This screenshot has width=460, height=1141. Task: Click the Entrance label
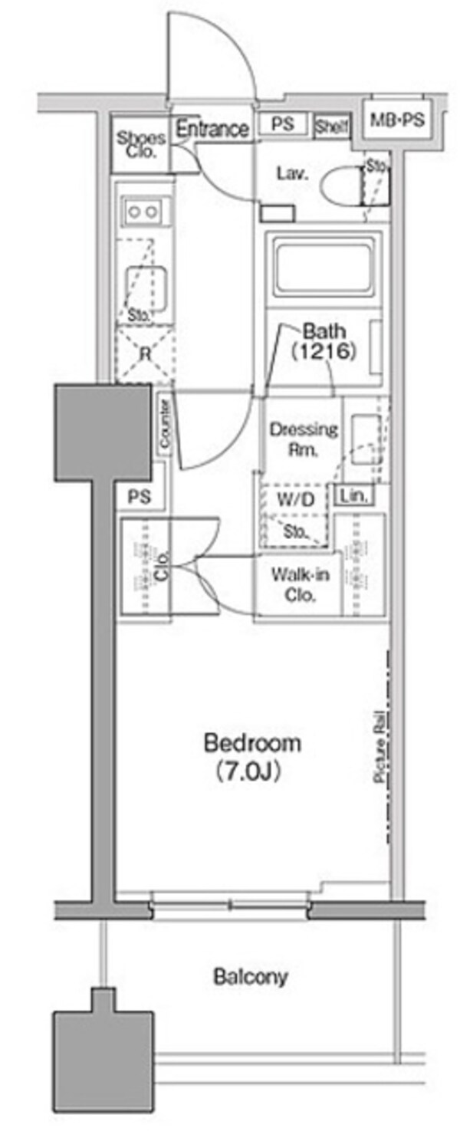pyautogui.click(x=212, y=130)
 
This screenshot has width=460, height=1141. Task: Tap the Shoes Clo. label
pyautogui.click(x=141, y=144)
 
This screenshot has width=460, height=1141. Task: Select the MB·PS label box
pyautogui.click(x=398, y=120)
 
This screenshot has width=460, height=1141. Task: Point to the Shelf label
pyautogui.click(x=331, y=127)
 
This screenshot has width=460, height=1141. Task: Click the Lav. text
pyautogui.click(x=292, y=174)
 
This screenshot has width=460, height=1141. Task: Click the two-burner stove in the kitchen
pyautogui.click(x=143, y=211)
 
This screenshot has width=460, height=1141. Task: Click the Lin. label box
pyautogui.click(x=354, y=495)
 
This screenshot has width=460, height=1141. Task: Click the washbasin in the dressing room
pyautogui.click(x=363, y=433)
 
